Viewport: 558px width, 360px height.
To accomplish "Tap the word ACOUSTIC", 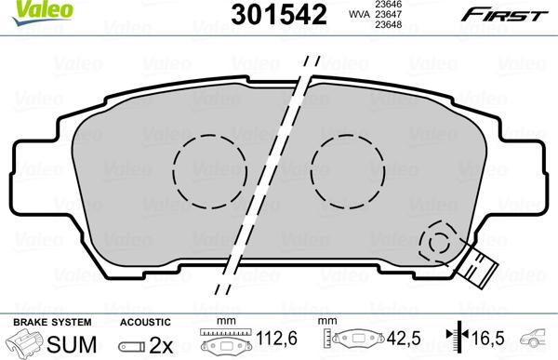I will (x=145, y=321).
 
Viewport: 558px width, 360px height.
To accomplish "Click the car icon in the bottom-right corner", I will (x=538, y=340).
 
